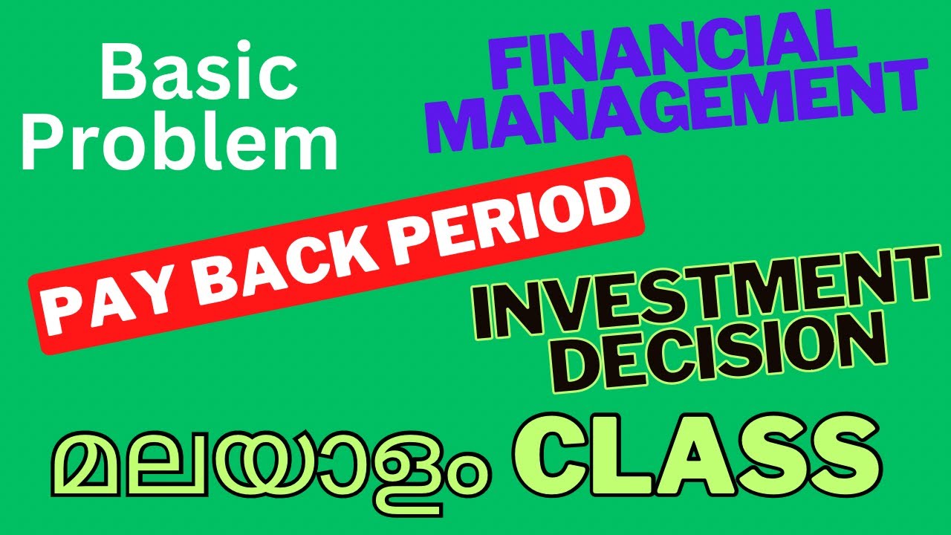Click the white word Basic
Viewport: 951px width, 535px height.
198,74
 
